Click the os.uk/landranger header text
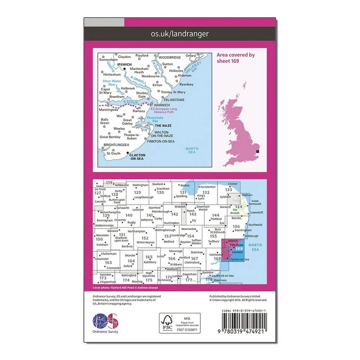180,34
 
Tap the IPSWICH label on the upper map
124,64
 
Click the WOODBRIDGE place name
169,57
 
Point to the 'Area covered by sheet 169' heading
235,58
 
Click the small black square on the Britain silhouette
257,152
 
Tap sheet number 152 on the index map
145,238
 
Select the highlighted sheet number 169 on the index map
239,248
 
